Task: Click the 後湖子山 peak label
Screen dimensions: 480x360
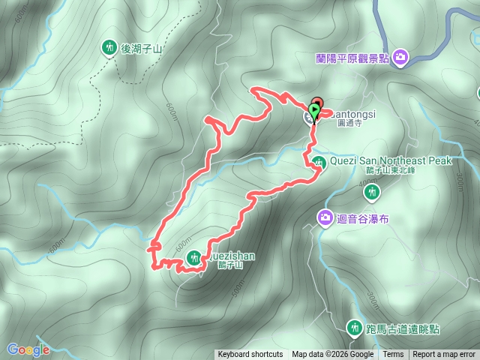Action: click(x=142, y=49)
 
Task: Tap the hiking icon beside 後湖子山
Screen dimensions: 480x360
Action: click(x=109, y=48)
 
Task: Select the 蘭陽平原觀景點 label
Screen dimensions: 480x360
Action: click(x=352, y=58)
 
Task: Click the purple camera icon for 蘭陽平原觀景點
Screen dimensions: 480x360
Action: click(x=400, y=57)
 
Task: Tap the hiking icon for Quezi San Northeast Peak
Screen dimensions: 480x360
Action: click(x=319, y=161)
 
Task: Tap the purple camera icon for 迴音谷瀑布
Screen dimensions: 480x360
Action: click(x=325, y=217)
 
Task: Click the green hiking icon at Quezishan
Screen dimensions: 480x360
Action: click(x=193, y=258)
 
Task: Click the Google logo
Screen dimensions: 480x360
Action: click(x=28, y=349)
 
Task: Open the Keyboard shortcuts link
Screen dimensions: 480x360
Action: click(x=250, y=355)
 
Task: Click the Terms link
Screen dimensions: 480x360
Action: click(x=393, y=355)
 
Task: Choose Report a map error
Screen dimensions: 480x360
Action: click(x=444, y=355)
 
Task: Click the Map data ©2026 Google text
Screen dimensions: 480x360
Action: click(x=332, y=355)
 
